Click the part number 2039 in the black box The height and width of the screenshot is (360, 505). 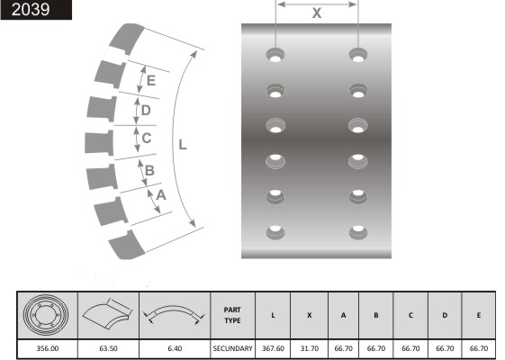point(31,9)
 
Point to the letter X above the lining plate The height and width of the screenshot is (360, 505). point(317,13)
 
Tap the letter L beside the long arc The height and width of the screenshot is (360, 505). point(183,145)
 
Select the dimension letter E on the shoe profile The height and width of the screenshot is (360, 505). point(151,80)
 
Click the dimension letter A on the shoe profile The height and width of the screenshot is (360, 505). point(161,194)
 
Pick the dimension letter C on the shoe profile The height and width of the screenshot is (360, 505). point(147,138)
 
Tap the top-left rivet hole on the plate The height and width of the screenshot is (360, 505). point(275,54)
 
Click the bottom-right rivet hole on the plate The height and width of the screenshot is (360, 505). point(358,232)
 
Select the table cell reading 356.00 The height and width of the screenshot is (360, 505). point(48,348)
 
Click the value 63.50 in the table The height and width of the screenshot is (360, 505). point(109,348)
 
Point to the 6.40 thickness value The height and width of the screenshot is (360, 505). point(175,348)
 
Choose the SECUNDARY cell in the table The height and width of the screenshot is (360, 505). point(232,348)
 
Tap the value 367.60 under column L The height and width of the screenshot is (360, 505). point(273,348)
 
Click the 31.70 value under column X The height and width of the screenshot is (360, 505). point(310,348)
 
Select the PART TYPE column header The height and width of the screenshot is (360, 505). point(232,315)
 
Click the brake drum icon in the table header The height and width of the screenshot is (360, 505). point(46,315)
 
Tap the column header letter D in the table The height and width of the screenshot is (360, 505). point(445,315)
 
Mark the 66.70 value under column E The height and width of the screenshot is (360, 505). point(479,348)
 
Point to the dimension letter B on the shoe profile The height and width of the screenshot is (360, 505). point(149,170)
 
